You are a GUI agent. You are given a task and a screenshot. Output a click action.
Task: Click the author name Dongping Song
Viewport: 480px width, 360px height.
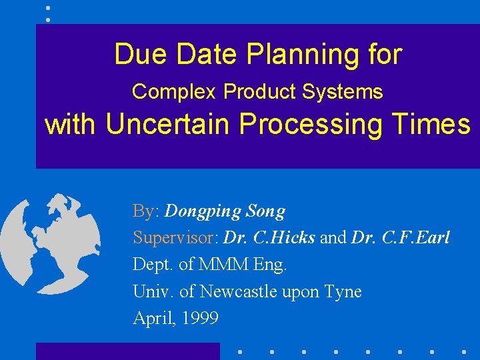coord(225,212)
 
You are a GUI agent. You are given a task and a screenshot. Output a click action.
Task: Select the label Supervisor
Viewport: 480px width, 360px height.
coord(176,238)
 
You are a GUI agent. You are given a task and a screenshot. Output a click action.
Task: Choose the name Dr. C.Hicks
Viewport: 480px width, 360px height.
coord(269,238)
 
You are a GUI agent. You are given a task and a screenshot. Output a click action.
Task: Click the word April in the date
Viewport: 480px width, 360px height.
coord(150,319)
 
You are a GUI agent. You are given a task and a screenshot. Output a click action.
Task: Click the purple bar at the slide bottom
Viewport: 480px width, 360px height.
coord(127,351)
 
